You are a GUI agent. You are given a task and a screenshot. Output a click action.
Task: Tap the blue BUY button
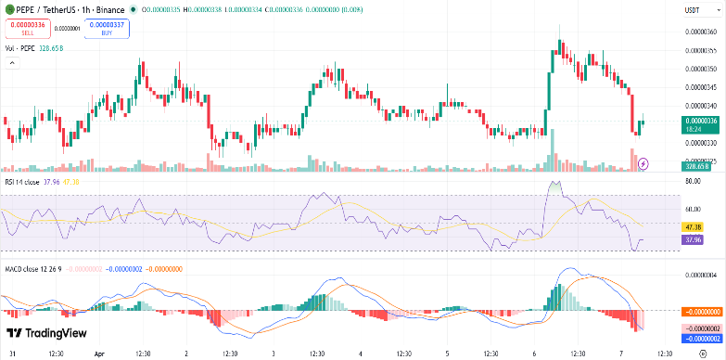click(107, 28)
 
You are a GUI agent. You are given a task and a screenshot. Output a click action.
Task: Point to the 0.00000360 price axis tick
click(701, 32)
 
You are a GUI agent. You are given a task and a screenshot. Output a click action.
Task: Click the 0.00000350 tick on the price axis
click(701, 69)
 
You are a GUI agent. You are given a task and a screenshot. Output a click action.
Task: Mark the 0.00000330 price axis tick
click(701, 143)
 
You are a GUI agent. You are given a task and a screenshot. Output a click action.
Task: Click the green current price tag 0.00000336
click(701, 121)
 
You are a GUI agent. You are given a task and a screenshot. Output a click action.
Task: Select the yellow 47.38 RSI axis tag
click(693, 226)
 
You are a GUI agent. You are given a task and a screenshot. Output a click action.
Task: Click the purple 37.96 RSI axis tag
click(693, 240)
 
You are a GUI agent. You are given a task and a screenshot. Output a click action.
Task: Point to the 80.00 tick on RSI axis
click(692, 182)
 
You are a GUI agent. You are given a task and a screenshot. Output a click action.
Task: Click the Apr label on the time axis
click(100, 354)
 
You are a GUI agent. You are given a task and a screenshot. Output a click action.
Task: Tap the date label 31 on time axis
click(10, 354)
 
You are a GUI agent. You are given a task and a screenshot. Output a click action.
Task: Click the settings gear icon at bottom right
click(702, 354)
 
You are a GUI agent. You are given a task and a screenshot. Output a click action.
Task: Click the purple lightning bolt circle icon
click(643, 163)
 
